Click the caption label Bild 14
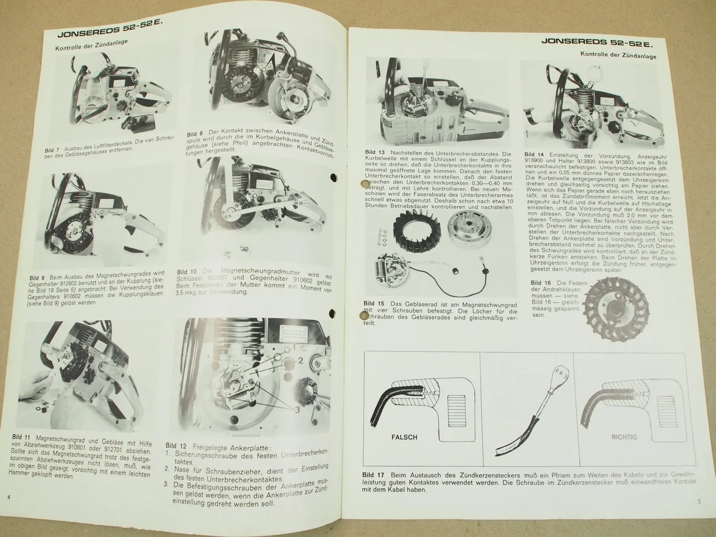(x=534, y=154)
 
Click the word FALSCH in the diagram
(x=404, y=437)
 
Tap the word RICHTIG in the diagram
(x=624, y=437)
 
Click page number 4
(x=9, y=497)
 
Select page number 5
(x=699, y=501)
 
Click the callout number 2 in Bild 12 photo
(x=300, y=360)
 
